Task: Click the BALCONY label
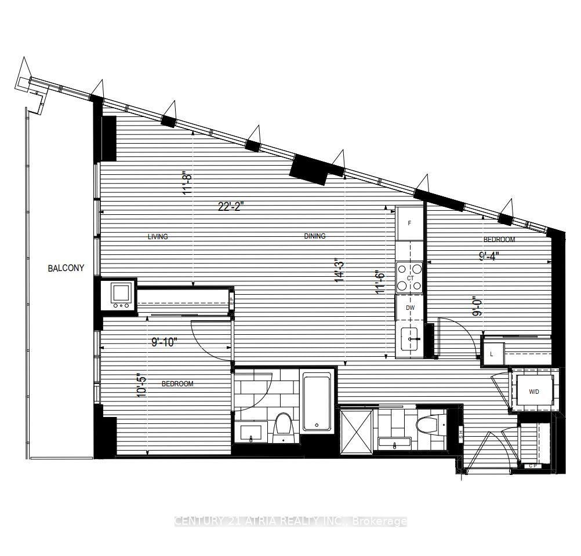coord(66,268)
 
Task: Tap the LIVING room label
coord(158,236)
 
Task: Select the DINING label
coord(315,236)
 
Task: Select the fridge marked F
coord(410,222)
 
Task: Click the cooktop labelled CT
coord(410,278)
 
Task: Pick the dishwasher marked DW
coord(410,308)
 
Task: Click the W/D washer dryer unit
coord(533,392)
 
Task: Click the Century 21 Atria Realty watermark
coord(290,521)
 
